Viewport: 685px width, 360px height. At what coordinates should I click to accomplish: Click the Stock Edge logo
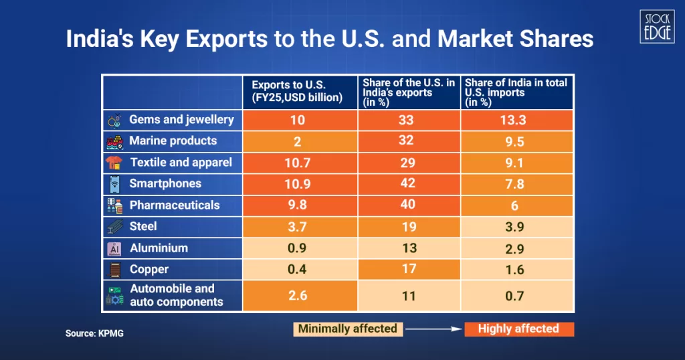click(x=656, y=26)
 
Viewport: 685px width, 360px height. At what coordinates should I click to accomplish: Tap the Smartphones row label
click(x=165, y=183)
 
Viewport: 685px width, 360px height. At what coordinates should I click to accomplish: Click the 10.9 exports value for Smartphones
click(x=298, y=183)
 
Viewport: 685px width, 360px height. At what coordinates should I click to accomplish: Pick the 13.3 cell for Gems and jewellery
click(x=516, y=120)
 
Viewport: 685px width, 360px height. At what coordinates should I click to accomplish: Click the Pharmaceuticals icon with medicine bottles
click(x=114, y=205)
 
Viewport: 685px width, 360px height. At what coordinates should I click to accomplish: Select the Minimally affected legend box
click(x=347, y=329)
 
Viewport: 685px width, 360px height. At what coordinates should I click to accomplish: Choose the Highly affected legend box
click(x=518, y=329)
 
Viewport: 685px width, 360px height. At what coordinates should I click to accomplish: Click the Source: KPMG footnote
click(x=94, y=333)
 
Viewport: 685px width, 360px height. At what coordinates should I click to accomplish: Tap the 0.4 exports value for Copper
click(x=298, y=269)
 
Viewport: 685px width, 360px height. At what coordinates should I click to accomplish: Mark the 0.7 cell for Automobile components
click(x=516, y=295)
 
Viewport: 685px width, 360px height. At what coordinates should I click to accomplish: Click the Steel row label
click(x=143, y=226)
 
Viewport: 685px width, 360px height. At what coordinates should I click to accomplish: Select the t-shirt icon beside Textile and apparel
click(x=114, y=163)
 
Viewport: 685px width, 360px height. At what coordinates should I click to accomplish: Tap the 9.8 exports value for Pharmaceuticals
click(x=298, y=205)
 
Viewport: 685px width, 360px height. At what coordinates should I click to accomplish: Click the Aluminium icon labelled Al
click(x=114, y=248)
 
